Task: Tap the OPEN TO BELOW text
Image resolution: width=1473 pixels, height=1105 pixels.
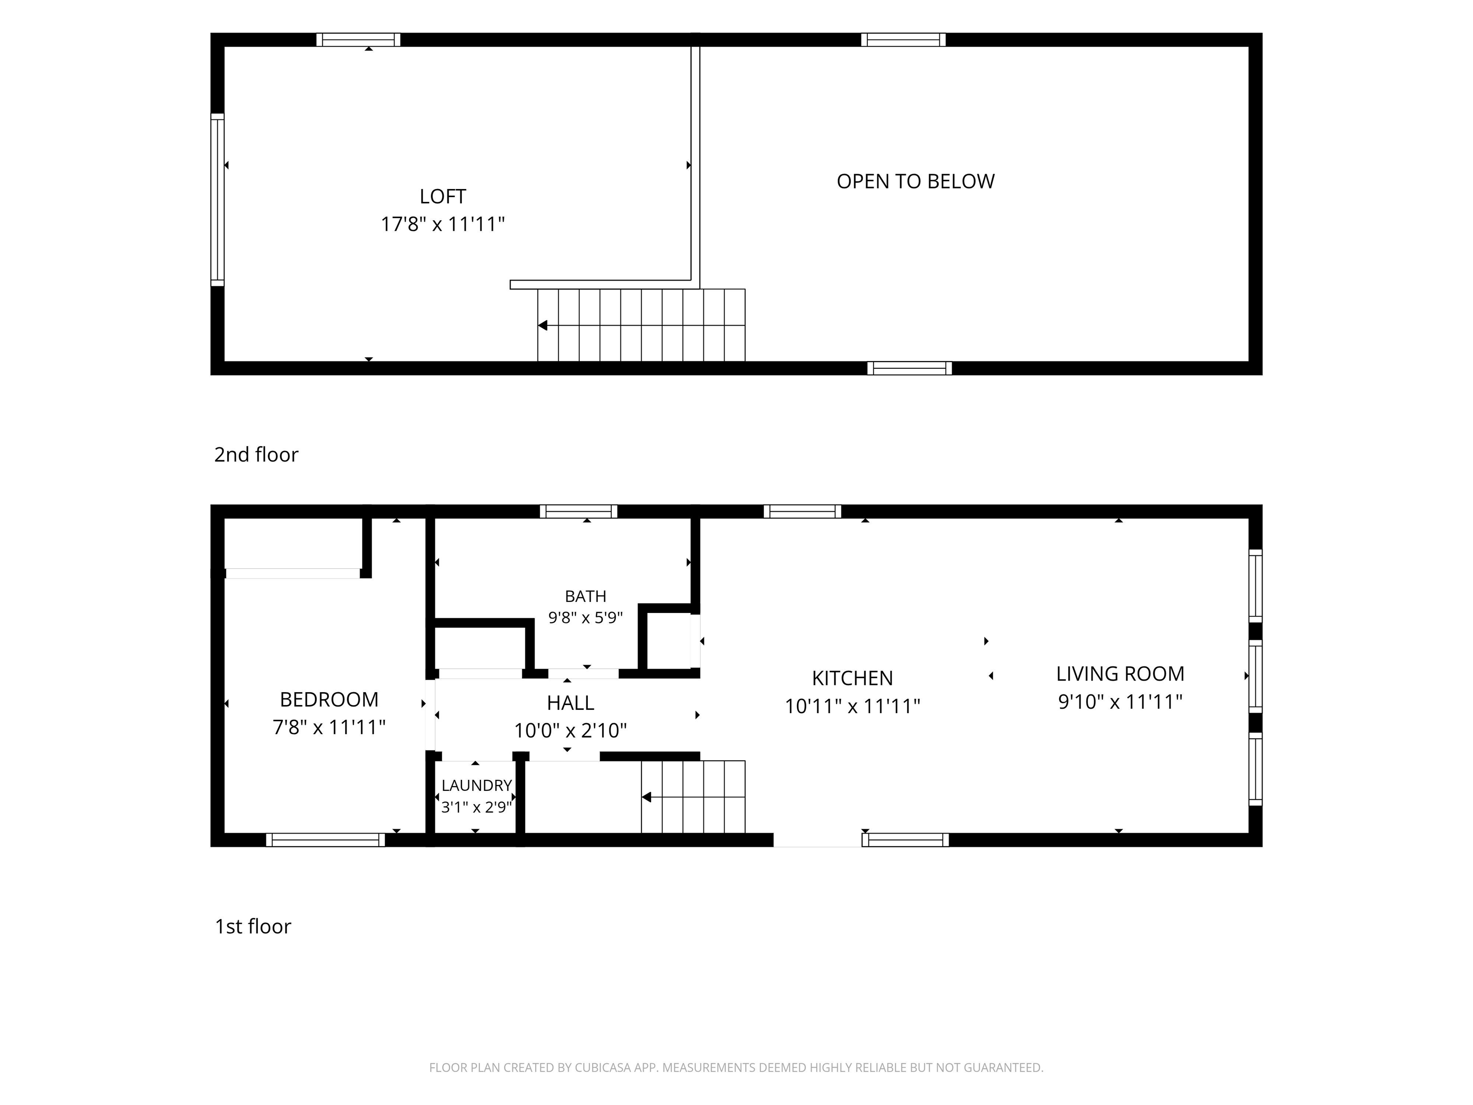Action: point(916,181)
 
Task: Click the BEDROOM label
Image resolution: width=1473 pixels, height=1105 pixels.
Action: point(329,699)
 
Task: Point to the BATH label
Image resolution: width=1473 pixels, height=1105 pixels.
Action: point(585,596)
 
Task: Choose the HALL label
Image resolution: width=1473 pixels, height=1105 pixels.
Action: point(571,703)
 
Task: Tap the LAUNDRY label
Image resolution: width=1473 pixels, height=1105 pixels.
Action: point(477,785)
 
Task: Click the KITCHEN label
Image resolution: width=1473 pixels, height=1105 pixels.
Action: point(853,678)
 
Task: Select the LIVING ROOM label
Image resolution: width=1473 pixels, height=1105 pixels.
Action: point(1120,674)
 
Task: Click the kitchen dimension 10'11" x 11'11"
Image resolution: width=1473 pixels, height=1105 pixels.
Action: point(853,706)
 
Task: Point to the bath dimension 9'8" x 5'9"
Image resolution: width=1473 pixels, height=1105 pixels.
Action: point(585,617)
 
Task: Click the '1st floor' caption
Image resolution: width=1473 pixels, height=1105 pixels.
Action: point(253,927)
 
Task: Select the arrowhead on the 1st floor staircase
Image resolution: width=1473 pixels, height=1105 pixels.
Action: point(646,797)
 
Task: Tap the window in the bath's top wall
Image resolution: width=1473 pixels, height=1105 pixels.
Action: point(578,512)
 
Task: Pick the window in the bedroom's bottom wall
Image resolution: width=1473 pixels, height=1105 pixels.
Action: point(326,840)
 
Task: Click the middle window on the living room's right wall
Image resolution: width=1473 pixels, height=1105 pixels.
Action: point(1255,676)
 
